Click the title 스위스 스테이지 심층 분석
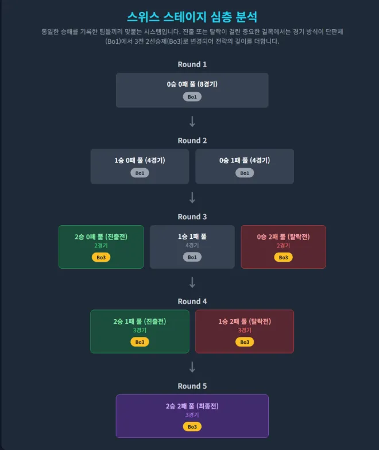pos(192,17)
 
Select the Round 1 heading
pos(192,64)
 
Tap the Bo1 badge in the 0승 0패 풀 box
pos(192,97)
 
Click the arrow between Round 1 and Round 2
pos(192,122)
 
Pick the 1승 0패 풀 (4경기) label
pos(140,160)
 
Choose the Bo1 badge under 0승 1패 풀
pos(245,173)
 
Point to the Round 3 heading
pos(192,216)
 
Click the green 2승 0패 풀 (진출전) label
pos(101,236)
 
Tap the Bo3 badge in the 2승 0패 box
pos(101,257)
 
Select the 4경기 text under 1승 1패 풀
pos(192,246)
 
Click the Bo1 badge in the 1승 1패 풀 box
pos(192,257)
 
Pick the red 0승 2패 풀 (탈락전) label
pos(283,236)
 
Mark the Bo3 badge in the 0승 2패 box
pos(283,257)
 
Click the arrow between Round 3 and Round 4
pos(192,282)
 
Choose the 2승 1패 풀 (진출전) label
pos(140,321)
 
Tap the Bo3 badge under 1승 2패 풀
pos(245,342)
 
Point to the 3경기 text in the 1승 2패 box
pos(245,331)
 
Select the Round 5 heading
pos(192,386)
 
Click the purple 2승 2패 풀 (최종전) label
pos(192,406)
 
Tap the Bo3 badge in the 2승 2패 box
pos(192,426)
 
